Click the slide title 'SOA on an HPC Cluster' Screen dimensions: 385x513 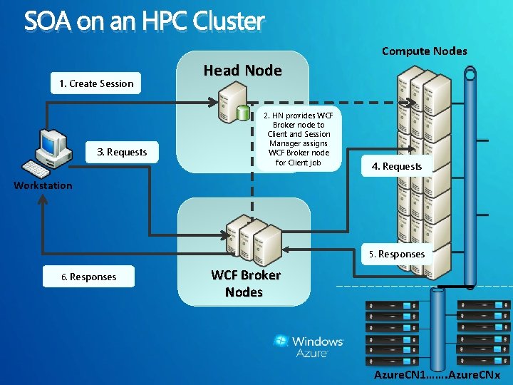point(144,21)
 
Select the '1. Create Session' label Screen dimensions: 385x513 point(96,83)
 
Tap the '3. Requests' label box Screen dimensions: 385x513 point(122,152)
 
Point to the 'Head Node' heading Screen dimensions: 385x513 point(242,71)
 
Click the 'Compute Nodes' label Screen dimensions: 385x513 point(424,51)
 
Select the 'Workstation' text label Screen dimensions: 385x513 point(43,185)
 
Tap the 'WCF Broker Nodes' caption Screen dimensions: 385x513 point(244,283)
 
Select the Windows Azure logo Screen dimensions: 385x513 point(309,345)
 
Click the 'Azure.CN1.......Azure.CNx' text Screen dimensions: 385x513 point(437,375)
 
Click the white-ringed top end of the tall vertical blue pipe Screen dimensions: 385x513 point(470,73)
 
